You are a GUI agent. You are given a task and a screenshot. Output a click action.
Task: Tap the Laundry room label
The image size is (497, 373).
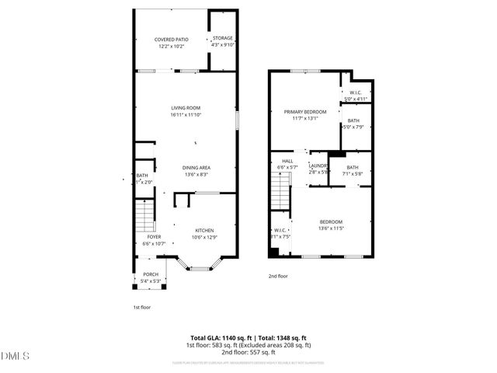tap(318, 168)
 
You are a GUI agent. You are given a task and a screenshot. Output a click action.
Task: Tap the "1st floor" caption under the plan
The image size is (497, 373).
tap(142, 308)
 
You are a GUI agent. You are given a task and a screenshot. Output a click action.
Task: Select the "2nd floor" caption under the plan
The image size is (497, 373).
tap(278, 276)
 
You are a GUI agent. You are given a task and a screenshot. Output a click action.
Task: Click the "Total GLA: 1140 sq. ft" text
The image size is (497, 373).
tap(216, 338)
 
